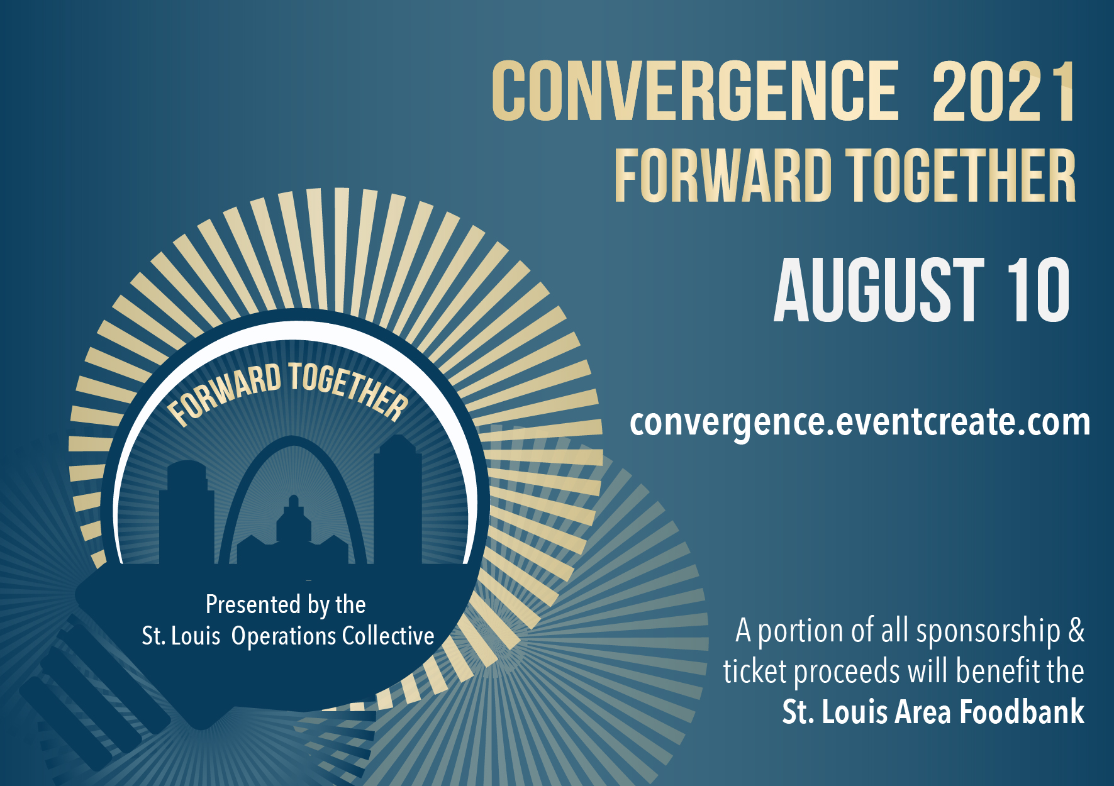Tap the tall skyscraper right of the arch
(x=398, y=500)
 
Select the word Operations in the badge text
(x=284, y=636)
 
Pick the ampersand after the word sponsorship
(x=1076, y=631)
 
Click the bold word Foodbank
(x=1022, y=712)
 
